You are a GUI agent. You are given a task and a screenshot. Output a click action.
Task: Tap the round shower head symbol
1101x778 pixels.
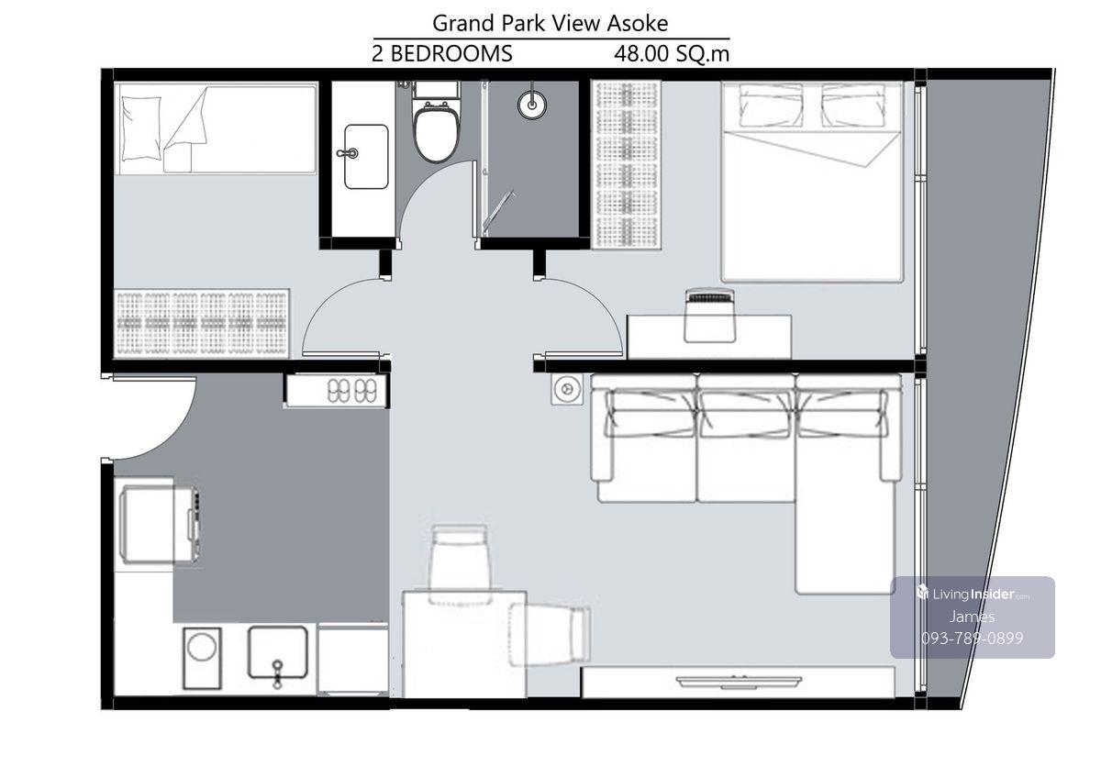click(532, 105)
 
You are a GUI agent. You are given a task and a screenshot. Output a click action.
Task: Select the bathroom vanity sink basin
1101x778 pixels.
click(366, 156)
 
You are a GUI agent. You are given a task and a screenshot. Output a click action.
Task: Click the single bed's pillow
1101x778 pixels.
click(141, 128)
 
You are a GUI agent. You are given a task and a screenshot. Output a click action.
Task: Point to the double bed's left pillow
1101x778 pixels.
click(771, 106)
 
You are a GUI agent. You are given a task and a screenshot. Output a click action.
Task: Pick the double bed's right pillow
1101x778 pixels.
click(853, 106)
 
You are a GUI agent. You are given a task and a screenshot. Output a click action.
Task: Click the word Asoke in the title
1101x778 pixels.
click(638, 23)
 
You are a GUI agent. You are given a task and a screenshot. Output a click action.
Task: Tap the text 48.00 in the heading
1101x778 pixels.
click(641, 53)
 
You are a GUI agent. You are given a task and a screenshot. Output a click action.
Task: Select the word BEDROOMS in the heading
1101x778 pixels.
click(451, 53)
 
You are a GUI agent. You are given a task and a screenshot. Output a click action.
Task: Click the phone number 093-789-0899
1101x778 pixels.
click(972, 638)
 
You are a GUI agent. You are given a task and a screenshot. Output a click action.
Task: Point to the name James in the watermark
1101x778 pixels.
click(972, 617)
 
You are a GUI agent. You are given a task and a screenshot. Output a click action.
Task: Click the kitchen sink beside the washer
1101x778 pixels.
click(278, 652)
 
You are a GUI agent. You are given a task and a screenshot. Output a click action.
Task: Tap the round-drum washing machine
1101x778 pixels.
click(202, 658)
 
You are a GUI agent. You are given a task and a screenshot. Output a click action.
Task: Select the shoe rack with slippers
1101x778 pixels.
click(337, 390)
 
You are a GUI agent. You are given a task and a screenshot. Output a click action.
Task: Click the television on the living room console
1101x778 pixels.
click(739, 681)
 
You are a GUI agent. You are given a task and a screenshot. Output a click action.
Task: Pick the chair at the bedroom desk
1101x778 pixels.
click(710, 316)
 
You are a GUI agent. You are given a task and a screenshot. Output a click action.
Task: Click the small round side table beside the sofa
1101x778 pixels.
click(567, 389)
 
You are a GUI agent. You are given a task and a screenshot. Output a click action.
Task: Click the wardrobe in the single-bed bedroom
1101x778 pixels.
click(202, 323)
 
